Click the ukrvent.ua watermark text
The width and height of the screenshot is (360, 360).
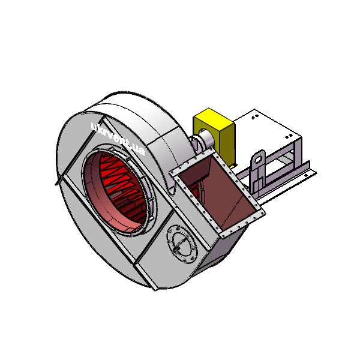(118, 139)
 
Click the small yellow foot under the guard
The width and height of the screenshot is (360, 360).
(233, 166)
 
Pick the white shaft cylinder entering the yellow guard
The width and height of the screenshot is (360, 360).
(207, 139)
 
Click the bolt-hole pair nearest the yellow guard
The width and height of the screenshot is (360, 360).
(255, 117)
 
